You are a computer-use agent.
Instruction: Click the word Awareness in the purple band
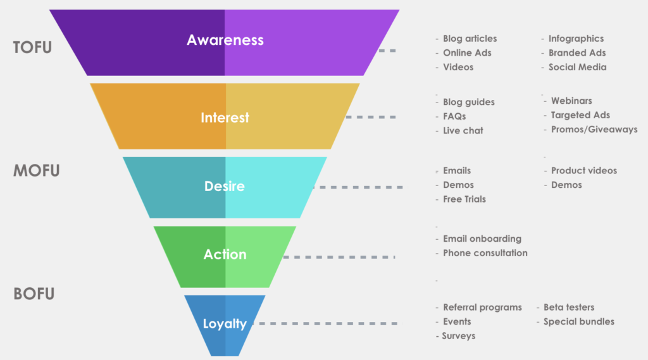[225, 40]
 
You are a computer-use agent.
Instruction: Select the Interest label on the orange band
[225, 118]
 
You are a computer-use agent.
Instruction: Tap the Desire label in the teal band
[224, 187]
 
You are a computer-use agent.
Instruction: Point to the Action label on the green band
[225, 254]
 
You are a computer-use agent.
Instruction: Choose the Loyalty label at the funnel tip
[225, 324]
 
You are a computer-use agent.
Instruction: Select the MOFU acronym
[37, 171]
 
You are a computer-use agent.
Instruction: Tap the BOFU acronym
[34, 294]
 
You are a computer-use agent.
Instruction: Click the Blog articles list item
[470, 39]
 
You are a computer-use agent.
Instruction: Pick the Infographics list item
[576, 39]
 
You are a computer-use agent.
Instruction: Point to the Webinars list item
[571, 101]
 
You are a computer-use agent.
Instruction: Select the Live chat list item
[463, 130]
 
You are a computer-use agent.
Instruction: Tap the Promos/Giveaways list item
[594, 129]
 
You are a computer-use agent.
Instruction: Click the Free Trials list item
[464, 199]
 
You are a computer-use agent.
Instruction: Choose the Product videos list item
[583, 170]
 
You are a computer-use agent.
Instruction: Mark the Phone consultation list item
[485, 252]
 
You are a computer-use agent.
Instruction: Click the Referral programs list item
[482, 307]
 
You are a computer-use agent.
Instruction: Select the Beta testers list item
[569, 307]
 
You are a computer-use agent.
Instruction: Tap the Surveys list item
[458, 335]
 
